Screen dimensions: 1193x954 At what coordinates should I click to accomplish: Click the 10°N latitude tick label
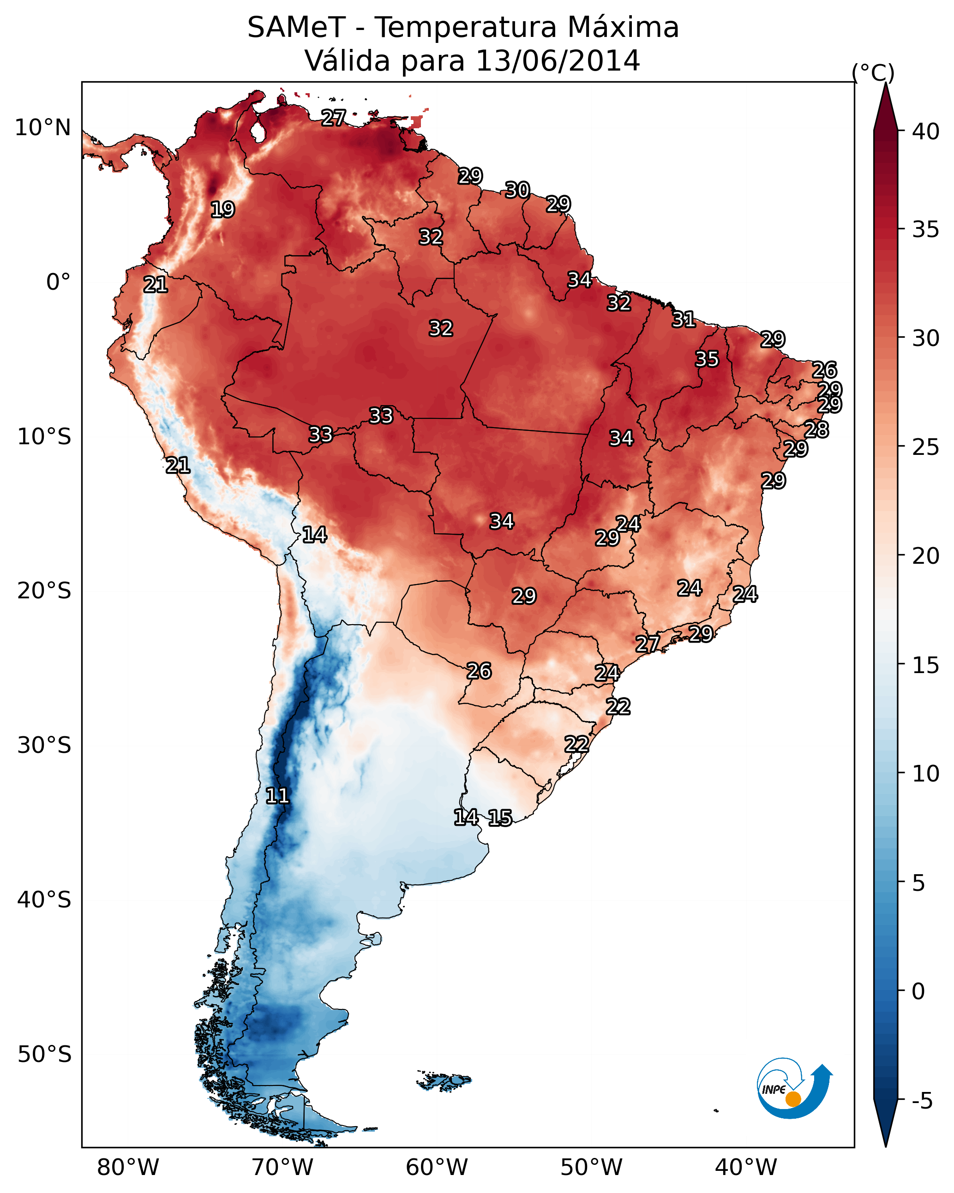click(x=42, y=128)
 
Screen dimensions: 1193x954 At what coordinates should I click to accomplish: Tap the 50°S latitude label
click(x=44, y=1055)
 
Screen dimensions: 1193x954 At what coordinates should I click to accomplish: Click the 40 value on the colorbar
click(x=926, y=131)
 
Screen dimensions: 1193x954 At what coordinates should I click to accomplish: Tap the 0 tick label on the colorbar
click(x=918, y=991)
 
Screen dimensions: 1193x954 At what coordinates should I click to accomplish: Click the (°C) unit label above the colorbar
click(x=873, y=72)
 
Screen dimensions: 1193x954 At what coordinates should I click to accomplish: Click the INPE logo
click(x=793, y=1091)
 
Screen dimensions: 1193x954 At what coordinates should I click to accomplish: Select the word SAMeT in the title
click(x=296, y=28)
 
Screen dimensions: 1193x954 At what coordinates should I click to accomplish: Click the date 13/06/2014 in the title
click(x=558, y=61)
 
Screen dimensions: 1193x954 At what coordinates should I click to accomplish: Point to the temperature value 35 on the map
click(x=707, y=359)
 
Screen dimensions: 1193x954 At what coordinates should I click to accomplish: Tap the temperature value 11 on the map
click(x=277, y=796)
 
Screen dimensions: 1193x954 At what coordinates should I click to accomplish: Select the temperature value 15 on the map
click(x=500, y=818)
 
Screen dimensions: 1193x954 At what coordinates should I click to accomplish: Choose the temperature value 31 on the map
click(x=684, y=319)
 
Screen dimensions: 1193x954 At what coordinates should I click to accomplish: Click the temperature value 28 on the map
click(x=816, y=430)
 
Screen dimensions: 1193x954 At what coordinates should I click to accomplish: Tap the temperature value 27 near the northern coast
click(x=334, y=118)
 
